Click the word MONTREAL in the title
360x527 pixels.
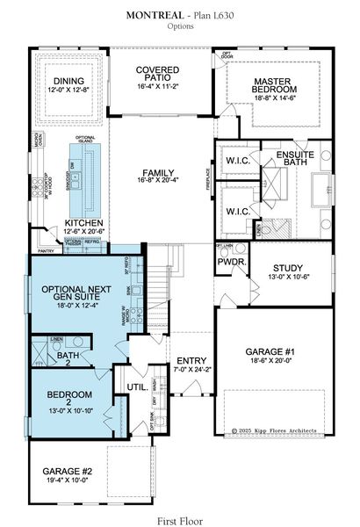155,16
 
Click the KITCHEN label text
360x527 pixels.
83,223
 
